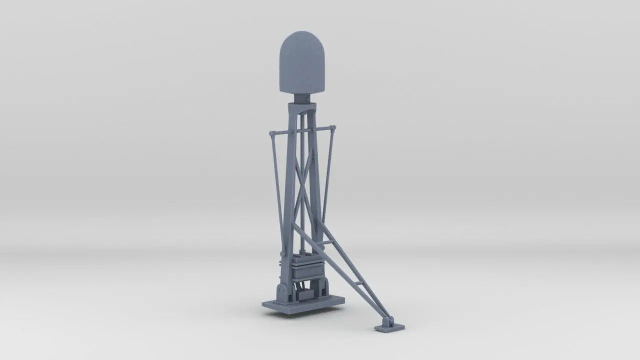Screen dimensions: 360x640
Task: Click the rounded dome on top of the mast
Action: [x=301, y=62]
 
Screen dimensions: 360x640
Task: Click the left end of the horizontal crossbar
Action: [x=271, y=134]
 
